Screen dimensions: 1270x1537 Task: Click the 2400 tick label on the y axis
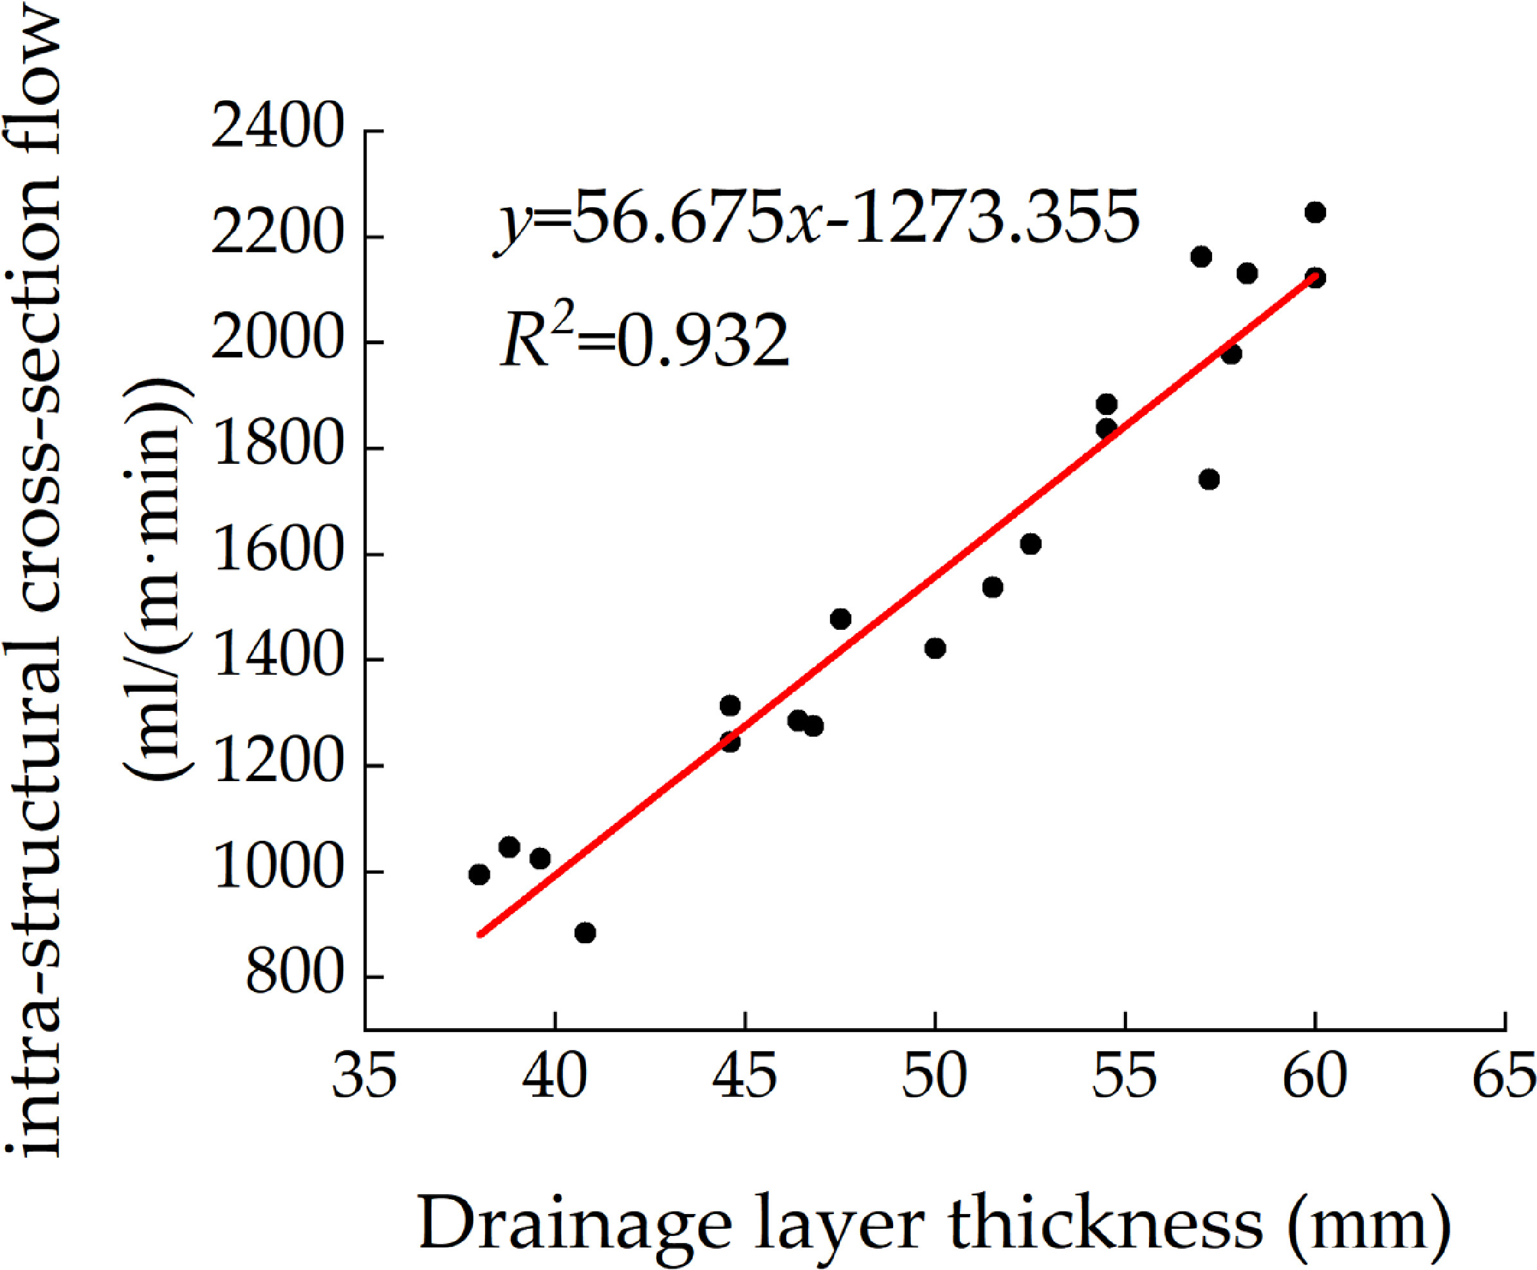[277, 130]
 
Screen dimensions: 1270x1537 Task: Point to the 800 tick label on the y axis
[294, 976]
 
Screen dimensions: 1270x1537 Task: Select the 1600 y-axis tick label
[277, 554]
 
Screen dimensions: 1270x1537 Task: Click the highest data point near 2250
[1315, 213]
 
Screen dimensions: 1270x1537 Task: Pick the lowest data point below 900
[585, 933]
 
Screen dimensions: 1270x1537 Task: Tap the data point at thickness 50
[935, 648]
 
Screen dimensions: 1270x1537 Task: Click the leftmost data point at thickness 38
[479, 874]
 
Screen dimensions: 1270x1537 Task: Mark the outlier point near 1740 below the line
[1210, 480]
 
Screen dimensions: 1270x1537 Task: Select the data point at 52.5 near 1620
[1031, 544]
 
